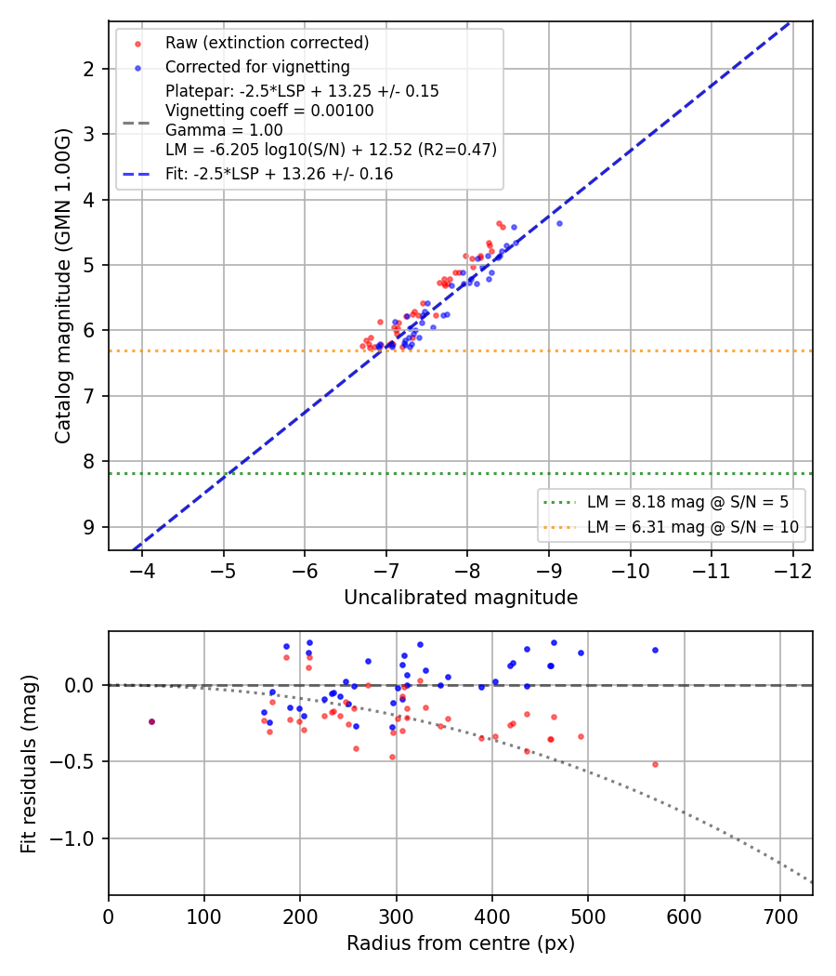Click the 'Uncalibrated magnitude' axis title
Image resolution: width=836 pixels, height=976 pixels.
[x=461, y=598]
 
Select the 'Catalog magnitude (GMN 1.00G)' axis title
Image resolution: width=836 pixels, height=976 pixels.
[x=63, y=285]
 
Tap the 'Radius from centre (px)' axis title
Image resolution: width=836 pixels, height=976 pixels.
[x=461, y=943]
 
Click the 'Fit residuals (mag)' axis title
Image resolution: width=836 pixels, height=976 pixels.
[x=29, y=764]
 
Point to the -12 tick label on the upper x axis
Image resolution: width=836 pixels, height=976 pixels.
[x=793, y=571]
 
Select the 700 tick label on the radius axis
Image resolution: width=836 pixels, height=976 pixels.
[x=780, y=917]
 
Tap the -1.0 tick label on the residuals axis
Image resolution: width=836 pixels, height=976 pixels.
[x=71, y=839]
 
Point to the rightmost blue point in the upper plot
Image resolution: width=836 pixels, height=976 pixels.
[x=559, y=223]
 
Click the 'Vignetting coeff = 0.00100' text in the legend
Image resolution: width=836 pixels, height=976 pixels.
[x=269, y=111]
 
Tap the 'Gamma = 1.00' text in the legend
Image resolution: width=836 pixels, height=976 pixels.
[x=224, y=131]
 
